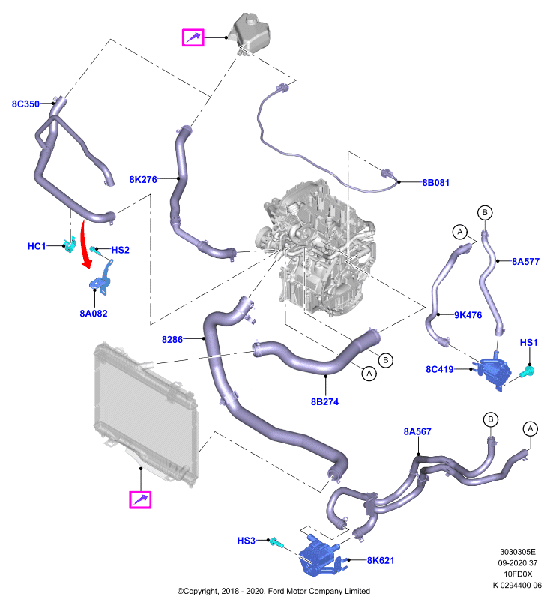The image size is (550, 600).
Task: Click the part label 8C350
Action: [25, 103]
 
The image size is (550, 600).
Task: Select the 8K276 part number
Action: [143, 179]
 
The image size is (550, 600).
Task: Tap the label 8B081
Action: [435, 183]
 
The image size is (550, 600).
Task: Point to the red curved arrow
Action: [85, 244]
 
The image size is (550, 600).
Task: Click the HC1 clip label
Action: [37, 246]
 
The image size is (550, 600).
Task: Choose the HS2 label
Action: [121, 250]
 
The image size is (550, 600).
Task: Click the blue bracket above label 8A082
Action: [102, 277]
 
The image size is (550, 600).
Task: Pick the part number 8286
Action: [172, 340]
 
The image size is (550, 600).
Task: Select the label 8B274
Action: [324, 402]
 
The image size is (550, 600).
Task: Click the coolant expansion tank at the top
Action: [251, 34]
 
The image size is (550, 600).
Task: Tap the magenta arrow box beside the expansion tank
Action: [193, 37]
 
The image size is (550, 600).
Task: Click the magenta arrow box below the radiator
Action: [140, 499]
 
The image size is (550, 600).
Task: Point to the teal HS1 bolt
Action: [528, 370]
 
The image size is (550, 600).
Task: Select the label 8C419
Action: [440, 369]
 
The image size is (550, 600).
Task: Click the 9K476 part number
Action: [468, 315]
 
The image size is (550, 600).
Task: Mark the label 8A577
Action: [525, 261]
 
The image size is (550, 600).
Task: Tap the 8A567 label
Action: [417, 432]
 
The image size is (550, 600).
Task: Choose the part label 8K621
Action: [381, 560]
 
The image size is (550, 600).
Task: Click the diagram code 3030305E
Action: [518, 552]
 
